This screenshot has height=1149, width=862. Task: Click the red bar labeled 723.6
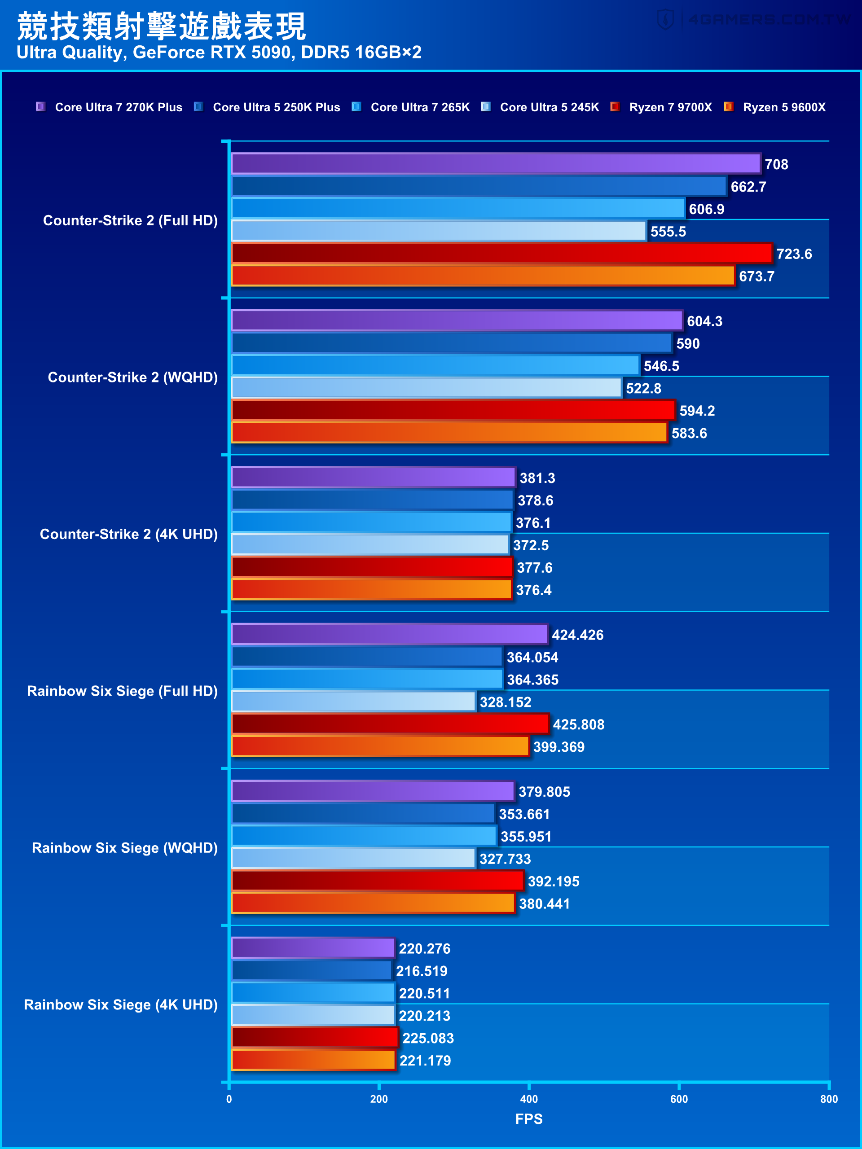(x=501, y=254)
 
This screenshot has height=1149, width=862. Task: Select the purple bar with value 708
(x=496, y=164)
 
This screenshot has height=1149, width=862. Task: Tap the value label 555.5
(x=668, y=232)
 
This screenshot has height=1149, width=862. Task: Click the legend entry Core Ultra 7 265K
(x=419, y=107)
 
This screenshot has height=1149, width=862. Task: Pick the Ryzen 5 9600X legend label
(x=783, y=107)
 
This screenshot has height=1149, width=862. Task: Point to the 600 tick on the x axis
(x=678, y=1099)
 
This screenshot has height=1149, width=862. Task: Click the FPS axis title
(x=528, y=1118)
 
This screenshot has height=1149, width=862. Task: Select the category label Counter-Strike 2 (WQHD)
(x=132, y=377)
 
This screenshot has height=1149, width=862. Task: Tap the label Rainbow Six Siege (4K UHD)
(x=120, y=1004)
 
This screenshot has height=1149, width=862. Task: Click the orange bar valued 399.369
(x=380, y=746)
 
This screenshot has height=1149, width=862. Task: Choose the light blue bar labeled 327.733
(x=353, y=859)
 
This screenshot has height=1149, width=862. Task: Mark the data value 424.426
(x=577, y=635)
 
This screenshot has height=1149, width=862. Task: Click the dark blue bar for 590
(x=452, y=343)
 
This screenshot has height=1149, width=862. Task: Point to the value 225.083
(x=427, y=1038)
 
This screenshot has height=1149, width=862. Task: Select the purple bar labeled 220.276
(x=313, y=948)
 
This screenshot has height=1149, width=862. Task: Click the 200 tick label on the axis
(x=379, y=1099)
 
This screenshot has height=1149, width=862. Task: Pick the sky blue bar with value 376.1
(x=371, y=522)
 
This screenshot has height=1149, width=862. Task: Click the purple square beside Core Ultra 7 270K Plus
(x=40, y=106)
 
